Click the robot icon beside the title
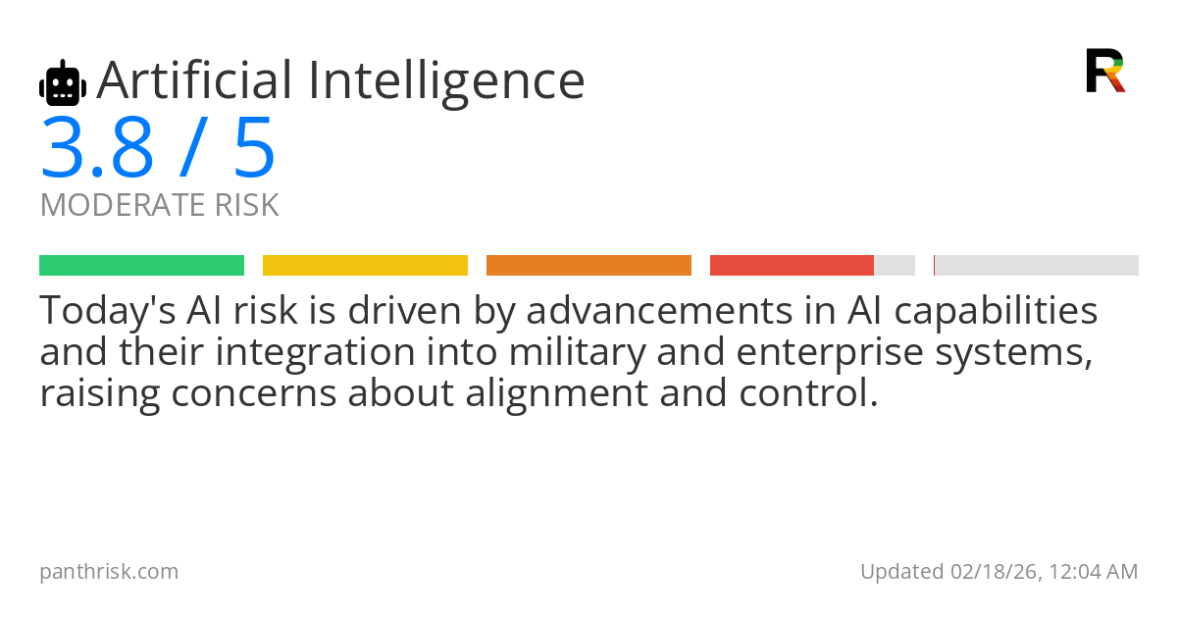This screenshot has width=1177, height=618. pyautogui.click(x=63, y=82)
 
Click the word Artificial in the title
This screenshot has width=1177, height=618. pyautogui.click(x=194, y=79)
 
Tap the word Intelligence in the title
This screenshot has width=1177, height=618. pyautogui.click(x=446, y=83)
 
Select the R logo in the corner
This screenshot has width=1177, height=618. pyautogui.click(x=1105, y=71)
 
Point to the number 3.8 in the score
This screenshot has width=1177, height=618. pyautogui.click(x=97, y=147)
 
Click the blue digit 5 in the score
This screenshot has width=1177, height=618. pyautogui.click(x=255, y=147)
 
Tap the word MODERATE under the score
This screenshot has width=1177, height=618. pyautogui.click(x=123, y=205)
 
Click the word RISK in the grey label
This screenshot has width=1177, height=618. pyautogui.click(x=246, y=205)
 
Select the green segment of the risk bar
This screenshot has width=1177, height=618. pyautogui.click(x=142, y=266)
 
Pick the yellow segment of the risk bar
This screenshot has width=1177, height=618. pyautogui.click(x=365, y=266)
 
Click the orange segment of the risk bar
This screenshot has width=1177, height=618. pyautogui.click(x=588, y=266)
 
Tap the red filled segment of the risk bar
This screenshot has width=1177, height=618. pyautogui.click(x=792, y=266)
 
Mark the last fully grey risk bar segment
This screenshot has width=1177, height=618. pyautogui.click(x=1036, y=266)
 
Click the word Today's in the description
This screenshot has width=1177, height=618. pyautogui.click(x=108, y=311)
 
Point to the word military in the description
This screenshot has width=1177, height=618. pyautogui.click(x=577, y=353)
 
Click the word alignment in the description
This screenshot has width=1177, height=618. pyautogui.click(x=556, y=394)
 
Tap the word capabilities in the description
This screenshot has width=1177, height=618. pyautogui.click(x=996, y=311)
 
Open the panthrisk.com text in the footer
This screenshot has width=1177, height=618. pyautogui.click(x=109, y=572)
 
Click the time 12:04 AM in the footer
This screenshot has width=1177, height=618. pyautogui.click(x=1094, y=572)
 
